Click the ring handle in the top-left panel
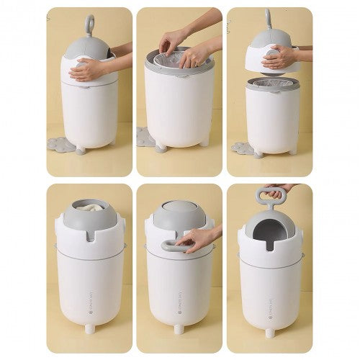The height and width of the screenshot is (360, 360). (89, 23)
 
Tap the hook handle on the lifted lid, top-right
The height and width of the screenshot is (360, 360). (269, 18)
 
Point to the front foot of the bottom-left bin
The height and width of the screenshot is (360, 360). (90, 328)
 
